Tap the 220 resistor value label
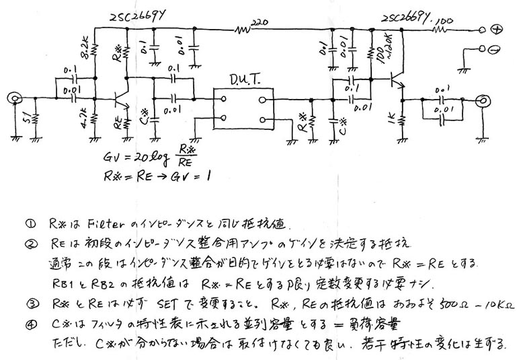click(257, 23)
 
